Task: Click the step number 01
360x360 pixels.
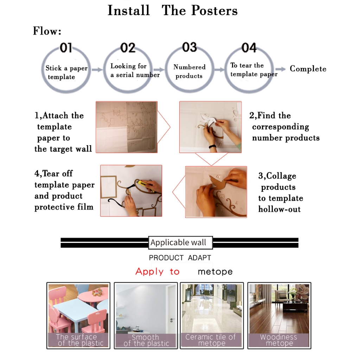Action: coord(66,48)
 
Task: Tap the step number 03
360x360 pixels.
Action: coord(189,47)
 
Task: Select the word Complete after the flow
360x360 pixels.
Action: coord(308,69)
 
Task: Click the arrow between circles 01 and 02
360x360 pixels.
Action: coord(97,70)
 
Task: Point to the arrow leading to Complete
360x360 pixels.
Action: coord(280,69)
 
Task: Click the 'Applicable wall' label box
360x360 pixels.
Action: coord(180,243)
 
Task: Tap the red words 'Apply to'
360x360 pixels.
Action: coord(157,272)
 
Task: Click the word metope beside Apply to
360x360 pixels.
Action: coord(215,272)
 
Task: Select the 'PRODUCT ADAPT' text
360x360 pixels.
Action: coord(180,258)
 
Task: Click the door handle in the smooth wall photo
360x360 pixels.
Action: coord(172,320)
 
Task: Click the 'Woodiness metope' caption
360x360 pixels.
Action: coord(279,340)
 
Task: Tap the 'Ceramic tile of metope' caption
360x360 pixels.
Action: coord(211,340)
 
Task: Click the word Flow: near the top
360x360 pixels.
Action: coord(47,31)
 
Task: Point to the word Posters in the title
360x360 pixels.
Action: coord(214,11)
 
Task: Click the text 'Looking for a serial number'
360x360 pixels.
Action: coord(135,70)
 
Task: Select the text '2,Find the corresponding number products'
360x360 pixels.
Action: coord(284,127)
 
